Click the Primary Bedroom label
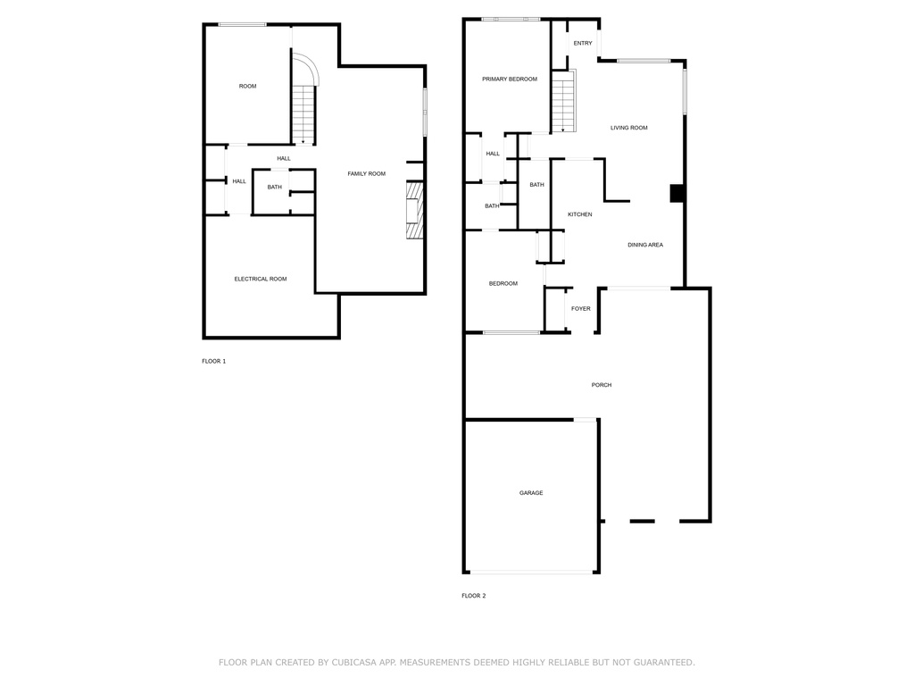(x=510, y=79)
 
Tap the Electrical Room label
(x=261, y=279)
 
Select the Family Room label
(x=367, y=174)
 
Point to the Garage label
(x=531, y=493)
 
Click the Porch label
(x=602, y=385)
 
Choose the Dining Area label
(x=645, y=245)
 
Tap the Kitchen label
(x=580, y=214)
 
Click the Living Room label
(x=629, y=128)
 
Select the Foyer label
(x=580, y=308)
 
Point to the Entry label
(x=583, y=43)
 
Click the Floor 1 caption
(x=214, y=361)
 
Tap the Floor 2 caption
(x=474, y=596)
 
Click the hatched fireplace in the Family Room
(x=414, y=209)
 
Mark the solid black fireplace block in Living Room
(x=677, y=194)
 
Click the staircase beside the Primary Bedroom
(x=564, y=101)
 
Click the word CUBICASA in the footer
(x=354, y=662)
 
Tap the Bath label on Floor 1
(x=275, y=188)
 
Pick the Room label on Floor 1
(x=248, y=87)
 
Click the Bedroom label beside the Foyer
(x=503, y=283)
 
